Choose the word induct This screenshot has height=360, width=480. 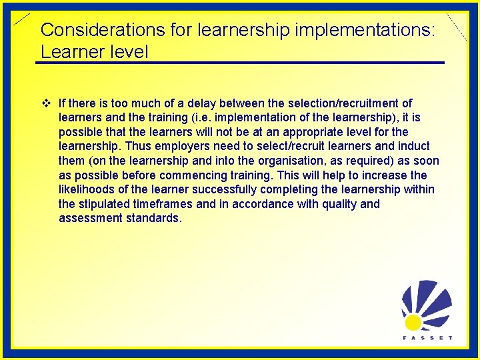click(x=415, y=146)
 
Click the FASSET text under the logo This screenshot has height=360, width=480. click(x=427, y=337)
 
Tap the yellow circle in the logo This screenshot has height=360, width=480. click(x=413, y=323)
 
